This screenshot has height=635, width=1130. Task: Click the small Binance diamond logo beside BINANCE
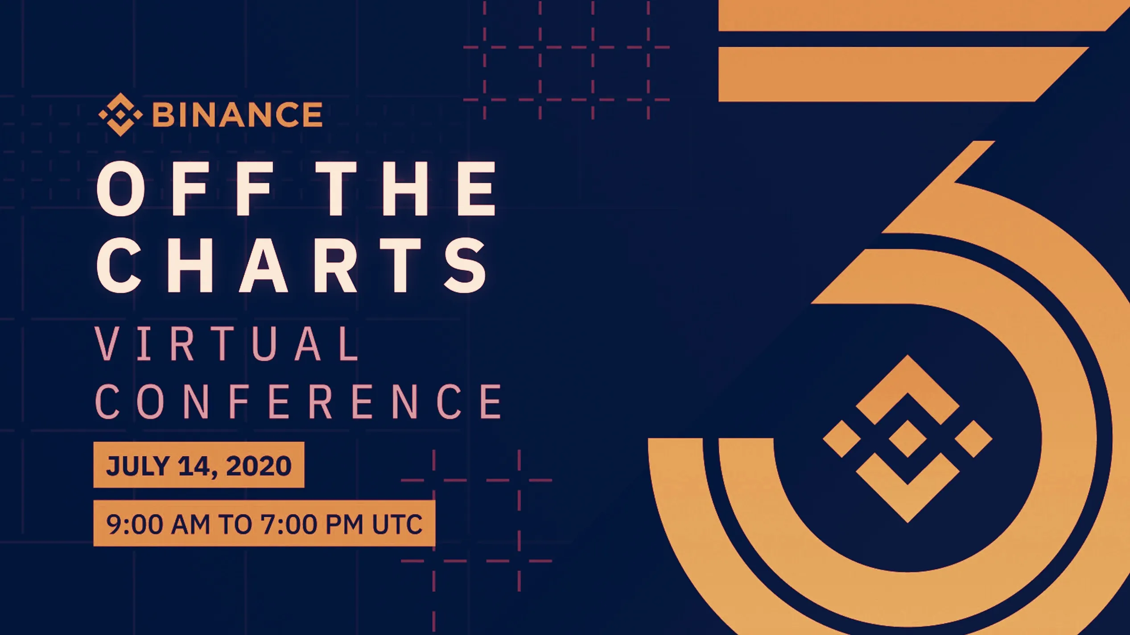(x=120, y=115)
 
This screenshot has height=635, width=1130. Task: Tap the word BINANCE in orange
(x=237, y=115)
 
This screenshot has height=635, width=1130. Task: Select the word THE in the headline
(x=408, y=189)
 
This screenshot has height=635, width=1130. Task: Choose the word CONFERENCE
(x=299, y=402)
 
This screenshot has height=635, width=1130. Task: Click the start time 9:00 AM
(x=158, y=524)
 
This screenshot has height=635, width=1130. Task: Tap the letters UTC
(x=397, y=524)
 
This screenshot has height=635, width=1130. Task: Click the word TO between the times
(x=235, y=524)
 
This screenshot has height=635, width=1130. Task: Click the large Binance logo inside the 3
(x=907, y=439)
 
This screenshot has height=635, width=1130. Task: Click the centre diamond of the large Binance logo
(x=907, y=439)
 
